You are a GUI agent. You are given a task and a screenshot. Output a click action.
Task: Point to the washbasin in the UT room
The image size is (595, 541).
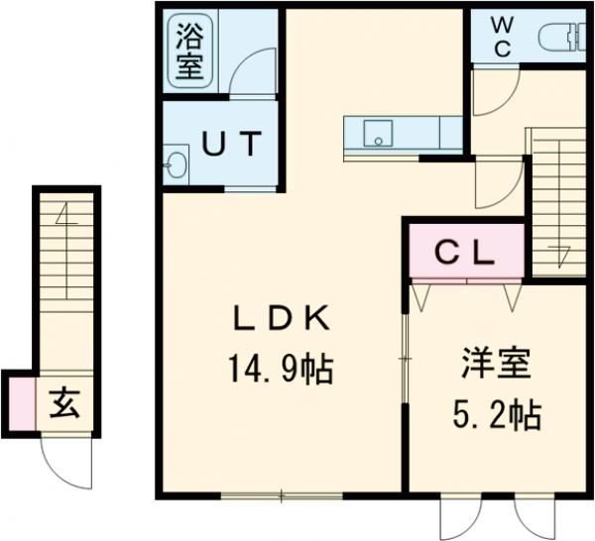pyautogui.click(x=177, y=163)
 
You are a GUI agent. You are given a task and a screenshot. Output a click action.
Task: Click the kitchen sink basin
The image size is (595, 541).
pyautogui.click(x=378, y=133)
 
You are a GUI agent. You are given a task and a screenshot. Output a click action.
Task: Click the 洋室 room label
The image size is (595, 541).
pyautogui.click(x=496, y=363)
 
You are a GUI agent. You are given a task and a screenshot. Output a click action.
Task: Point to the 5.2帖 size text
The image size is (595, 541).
pyautogui.click(x=496, y=413)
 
